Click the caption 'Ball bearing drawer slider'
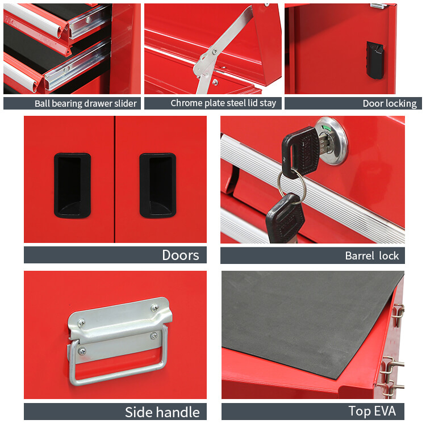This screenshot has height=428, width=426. (x=85, y=103)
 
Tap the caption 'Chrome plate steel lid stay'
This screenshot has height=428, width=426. (x=223, y=103)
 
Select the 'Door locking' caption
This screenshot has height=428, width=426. (x=389, y=103)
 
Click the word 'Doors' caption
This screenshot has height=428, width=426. (x=181, y=255)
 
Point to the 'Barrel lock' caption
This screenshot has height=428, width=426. (x=371, y=255)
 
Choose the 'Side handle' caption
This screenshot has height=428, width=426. (x=162, y=412)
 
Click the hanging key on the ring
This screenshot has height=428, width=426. (x=285, y=216)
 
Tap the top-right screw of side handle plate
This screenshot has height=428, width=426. (x=154, y=308)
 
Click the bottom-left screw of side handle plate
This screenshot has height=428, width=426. (x=82, y=351)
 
